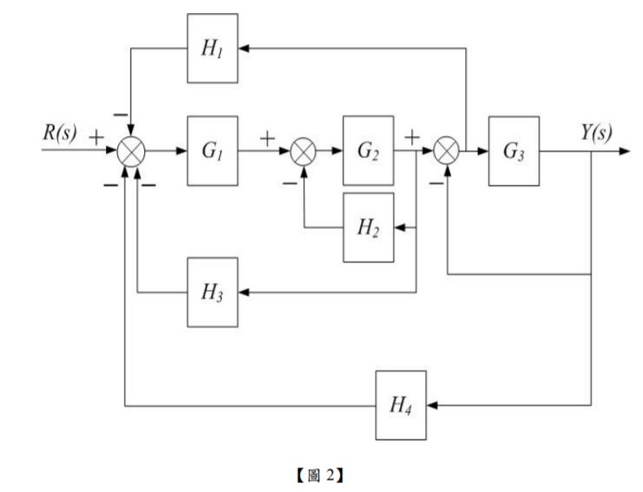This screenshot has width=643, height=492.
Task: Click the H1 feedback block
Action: tap(214, 48)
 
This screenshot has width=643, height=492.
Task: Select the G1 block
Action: tap(214, 152)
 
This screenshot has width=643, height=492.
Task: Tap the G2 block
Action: tap(368, 152)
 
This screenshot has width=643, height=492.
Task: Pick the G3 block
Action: tap(513, 152)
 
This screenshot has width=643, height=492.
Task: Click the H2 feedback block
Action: tap(368, 228)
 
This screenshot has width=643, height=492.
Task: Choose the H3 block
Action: tap(214, 292)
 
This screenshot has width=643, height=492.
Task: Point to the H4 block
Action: tap(401, 404)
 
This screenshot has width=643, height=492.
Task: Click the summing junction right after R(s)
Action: tap(130, 152)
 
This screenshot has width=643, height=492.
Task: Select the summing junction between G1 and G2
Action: tap(302, 152)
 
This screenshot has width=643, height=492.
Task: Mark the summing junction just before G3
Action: tap(447, 152)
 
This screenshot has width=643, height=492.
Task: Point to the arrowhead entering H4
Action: tap(433, 404)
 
